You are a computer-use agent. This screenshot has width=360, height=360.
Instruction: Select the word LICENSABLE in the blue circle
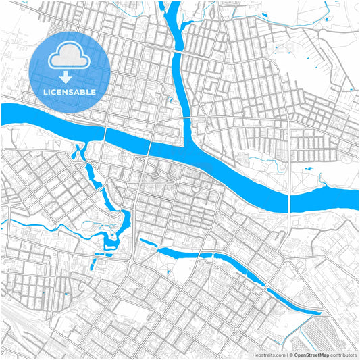tap(70, 91)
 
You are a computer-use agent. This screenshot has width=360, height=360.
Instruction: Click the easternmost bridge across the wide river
tap(290, 196)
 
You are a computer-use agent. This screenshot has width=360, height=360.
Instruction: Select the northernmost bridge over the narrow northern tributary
tap(180, 51)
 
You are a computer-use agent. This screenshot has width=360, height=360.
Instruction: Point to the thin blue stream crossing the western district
tap(27, 224)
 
